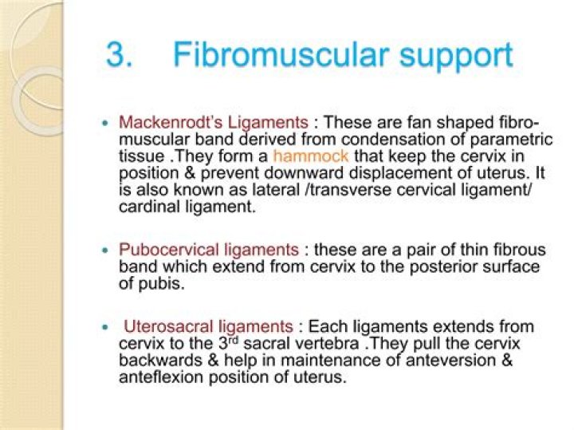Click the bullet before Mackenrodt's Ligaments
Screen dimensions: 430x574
[106, 124]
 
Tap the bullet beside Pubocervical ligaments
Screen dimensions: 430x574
[106, 251]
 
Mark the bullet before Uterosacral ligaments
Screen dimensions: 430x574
[106, 328]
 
